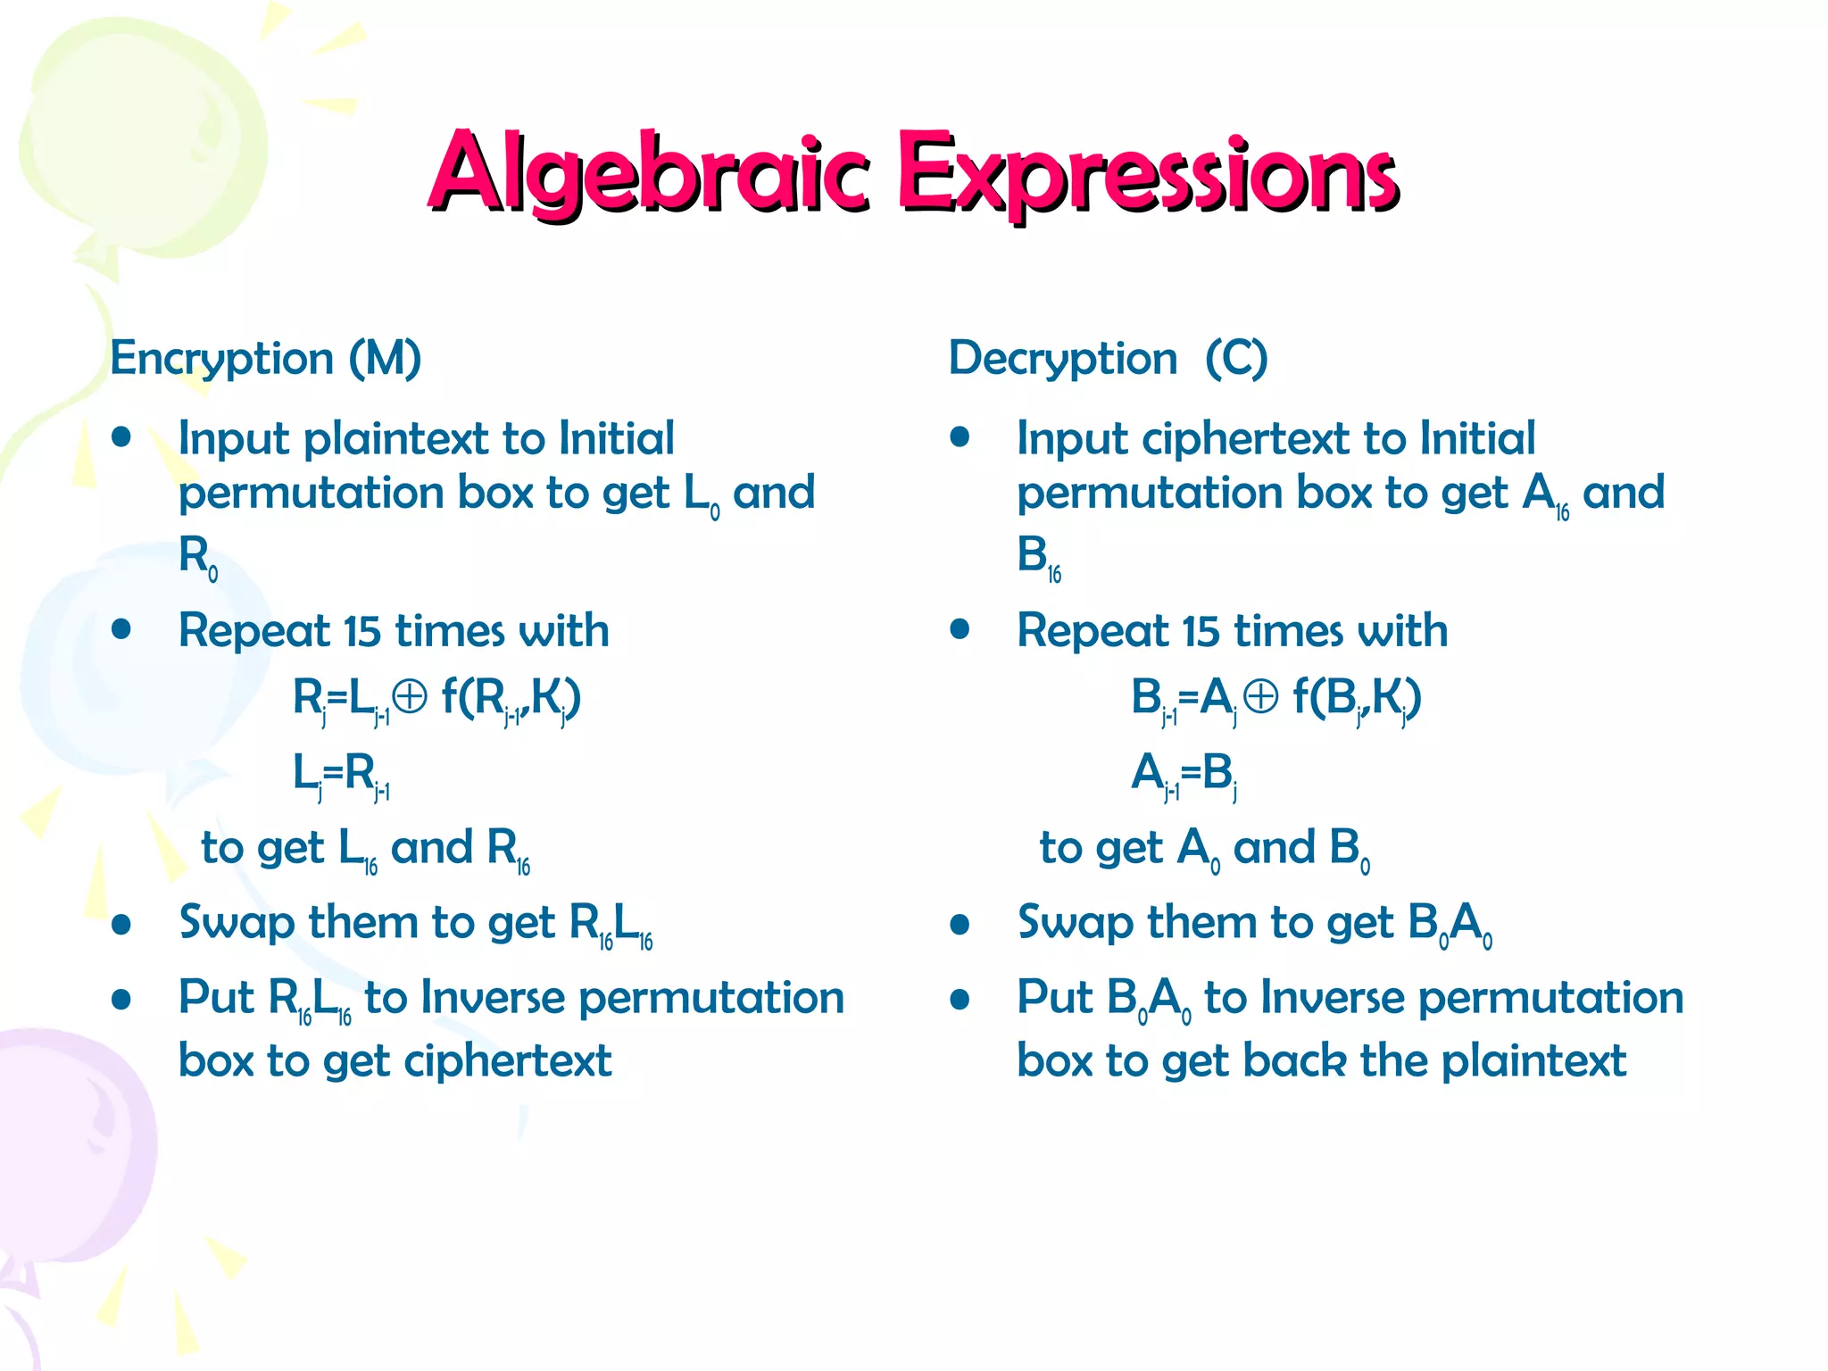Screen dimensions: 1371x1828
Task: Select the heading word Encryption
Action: pyautogui.click(x=221, y=359)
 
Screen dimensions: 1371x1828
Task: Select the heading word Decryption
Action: pyautogui.click(x=1062, y=359)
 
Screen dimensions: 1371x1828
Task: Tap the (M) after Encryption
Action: pyautogui.click(x=385, y=359)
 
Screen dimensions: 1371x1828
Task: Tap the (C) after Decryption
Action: pyautogui.click(x=1236, y=359)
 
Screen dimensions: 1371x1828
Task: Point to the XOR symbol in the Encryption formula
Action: pyautogui.click(x=410, y=697)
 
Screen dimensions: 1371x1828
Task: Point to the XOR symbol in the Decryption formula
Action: pyautogui.click(x=1260, y=697)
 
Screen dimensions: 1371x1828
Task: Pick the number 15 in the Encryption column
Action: pyautogui.click(x=362, y=631)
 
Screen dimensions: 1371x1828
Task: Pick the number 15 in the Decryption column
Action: pyautogui.click(x=1201, y=631)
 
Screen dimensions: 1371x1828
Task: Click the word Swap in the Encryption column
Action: pyautogui.click(x=236, y=923)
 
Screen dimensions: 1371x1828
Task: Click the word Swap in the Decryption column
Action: pyautogui.click(x=1075, y=923)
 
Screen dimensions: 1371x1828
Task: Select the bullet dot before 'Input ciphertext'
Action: pyautogui.click(x=960, y=437)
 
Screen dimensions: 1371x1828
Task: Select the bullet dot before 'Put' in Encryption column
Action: pyautogui.click(x=121, y=999)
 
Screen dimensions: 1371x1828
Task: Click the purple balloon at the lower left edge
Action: pyautogui.click(x=71, y=1151)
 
